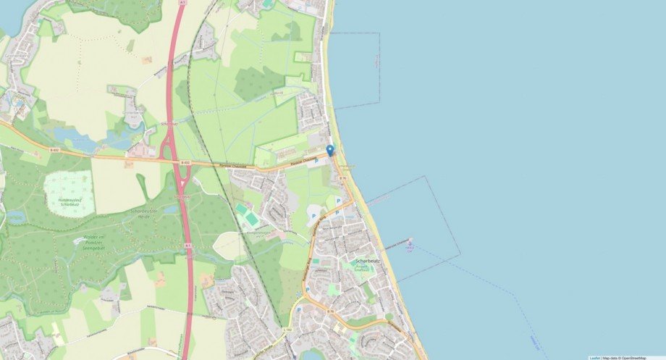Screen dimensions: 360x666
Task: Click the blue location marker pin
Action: click(330, 150)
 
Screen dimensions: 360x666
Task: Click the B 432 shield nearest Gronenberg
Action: click(54, 150)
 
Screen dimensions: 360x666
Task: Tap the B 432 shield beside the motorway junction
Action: click(186, 163)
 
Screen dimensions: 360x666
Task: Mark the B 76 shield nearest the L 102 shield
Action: click(330, 311)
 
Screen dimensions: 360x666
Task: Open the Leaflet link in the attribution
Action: click(594, 357)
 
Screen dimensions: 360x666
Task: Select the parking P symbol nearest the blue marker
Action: click(316, 161)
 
